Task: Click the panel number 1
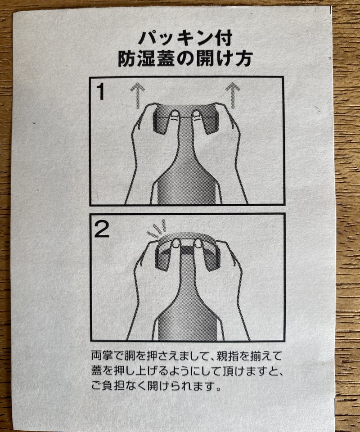[100, 91]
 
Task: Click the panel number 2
[102, 229]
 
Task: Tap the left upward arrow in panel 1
[137, 96]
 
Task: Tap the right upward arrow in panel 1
[233, 95]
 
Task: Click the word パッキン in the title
[175, 39]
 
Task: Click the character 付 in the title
[223, 39]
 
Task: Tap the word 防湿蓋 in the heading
[146, 59]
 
